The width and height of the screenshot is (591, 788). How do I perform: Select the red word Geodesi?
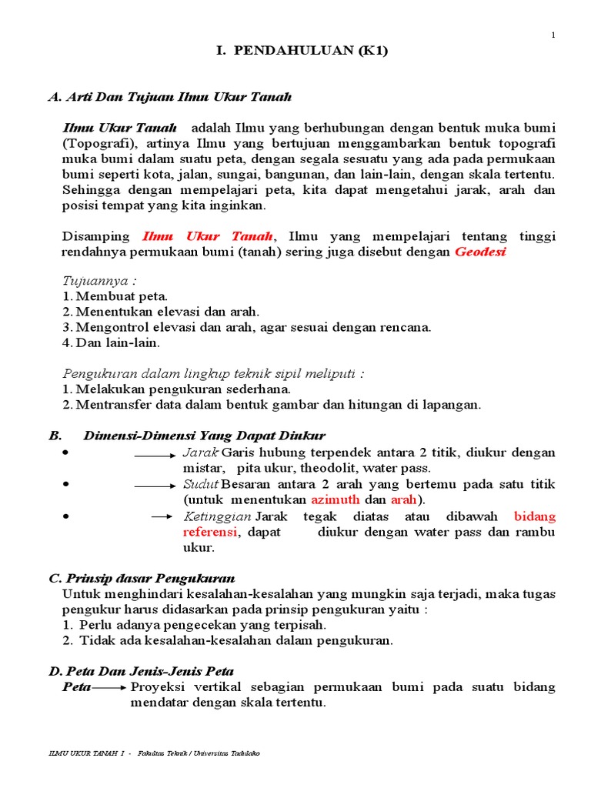[x=480, y=252]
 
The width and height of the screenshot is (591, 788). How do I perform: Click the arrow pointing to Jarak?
[x=155, y=455]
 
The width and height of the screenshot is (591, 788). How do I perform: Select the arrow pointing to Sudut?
[x=155, y=487]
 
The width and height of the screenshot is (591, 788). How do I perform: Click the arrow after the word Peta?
[x=112, y=687]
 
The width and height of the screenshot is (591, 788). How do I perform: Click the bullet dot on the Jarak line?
[x=67, y=452]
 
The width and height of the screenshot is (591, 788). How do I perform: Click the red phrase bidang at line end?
[x=534, y=516]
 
